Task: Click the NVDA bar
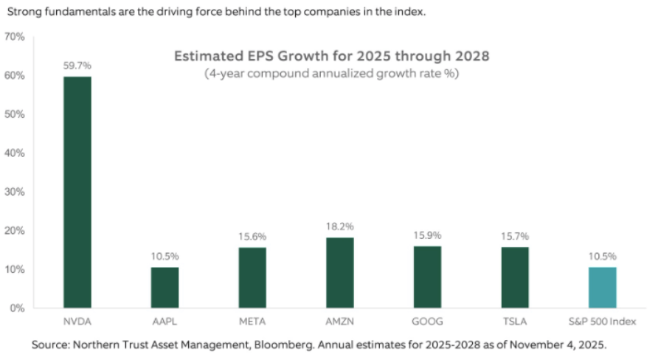click(77, 192)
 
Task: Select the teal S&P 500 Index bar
click(602, 288)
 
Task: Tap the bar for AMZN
click(340, 272)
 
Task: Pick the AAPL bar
click(164, 288)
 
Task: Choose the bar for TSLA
click(515, 277)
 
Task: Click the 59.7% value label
click(77, 65)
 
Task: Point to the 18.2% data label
click(340, 226)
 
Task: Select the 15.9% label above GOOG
click(428, 235)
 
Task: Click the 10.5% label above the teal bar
click(602, 256)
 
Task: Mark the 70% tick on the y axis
click(15, 37)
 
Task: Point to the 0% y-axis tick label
click(17, 308)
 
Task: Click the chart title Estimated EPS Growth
click(331, 56)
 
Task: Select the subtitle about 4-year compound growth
click(331, 74)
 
